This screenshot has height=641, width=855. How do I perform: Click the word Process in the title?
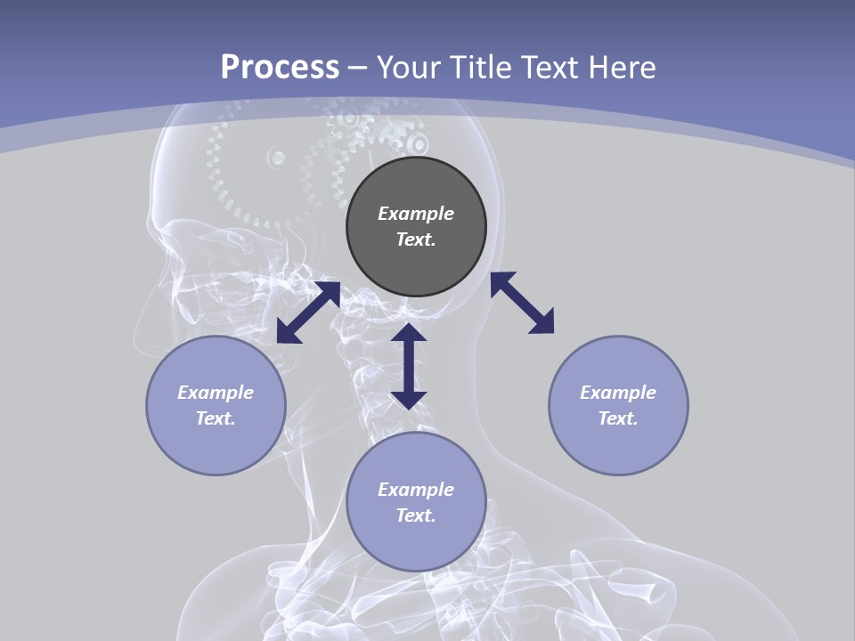[280, 68]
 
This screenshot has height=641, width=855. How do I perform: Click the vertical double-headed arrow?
[409, 366]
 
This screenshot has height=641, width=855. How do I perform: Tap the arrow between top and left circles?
[308, 312]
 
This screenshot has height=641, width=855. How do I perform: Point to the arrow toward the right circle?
[523, 303]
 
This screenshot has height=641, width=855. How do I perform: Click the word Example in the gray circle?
[416, 214]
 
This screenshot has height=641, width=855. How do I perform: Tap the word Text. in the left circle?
[216, 418]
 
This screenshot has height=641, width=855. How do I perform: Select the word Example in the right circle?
[618, 393]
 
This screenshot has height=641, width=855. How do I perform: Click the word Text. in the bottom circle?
[416, 515]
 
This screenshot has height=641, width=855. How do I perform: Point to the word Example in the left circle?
[216, 393]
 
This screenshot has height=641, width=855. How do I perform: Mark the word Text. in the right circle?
[618, 418]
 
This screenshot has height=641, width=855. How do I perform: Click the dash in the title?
[357, 68]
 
